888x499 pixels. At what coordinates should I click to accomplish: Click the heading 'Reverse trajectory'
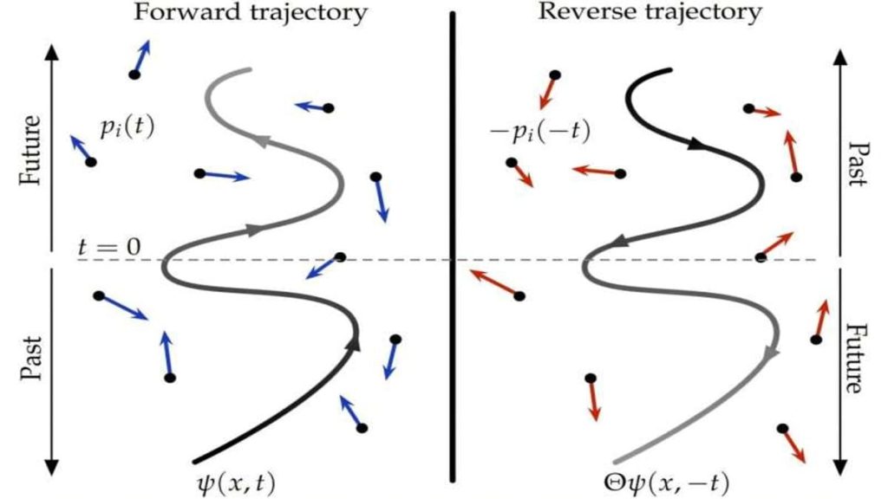650,12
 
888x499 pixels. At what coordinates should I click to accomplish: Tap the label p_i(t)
126,129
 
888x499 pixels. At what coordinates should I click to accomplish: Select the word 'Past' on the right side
858,165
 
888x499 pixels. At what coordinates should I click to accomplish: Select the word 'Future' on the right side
858,360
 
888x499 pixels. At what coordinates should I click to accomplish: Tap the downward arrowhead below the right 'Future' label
839,459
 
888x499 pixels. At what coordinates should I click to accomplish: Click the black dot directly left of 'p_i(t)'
90,162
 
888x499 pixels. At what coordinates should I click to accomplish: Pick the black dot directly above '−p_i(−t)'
555,75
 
